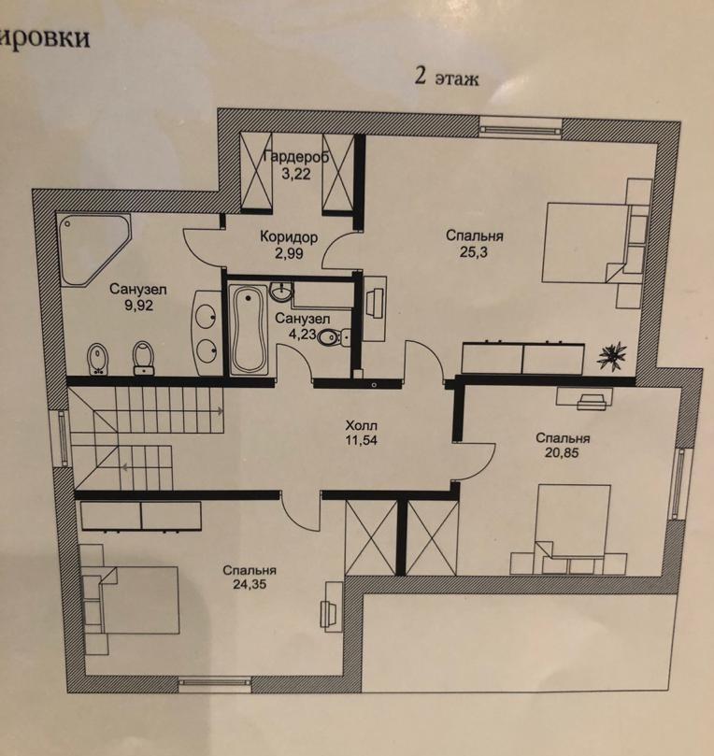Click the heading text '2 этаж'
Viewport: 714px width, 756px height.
(x=447, y=78)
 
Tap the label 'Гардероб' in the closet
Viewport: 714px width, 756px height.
(x=296, y=157)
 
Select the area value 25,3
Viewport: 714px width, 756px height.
(x=474, y=251)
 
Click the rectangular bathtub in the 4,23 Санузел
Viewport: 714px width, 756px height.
(x=249, y=330)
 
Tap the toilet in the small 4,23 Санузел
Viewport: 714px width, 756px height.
(x=334, y=336)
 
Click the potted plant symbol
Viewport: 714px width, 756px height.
(x=612, y=356)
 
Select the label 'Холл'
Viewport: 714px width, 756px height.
(x=361, y=425)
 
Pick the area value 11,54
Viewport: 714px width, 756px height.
(x=361, y=440)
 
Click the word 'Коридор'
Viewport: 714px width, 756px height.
(x=289, y=236)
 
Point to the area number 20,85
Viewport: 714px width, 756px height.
(x=563, y=452)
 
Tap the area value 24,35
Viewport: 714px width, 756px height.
(x=250, y=584)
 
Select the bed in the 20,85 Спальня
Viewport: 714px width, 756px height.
(x=574, y=522)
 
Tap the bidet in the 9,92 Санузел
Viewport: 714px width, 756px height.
(x=98, y=359)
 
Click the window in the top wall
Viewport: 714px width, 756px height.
(x=521, y=128)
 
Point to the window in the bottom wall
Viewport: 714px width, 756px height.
(x=215, y=682)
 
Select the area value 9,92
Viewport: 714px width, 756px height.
(x=139, y=305)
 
